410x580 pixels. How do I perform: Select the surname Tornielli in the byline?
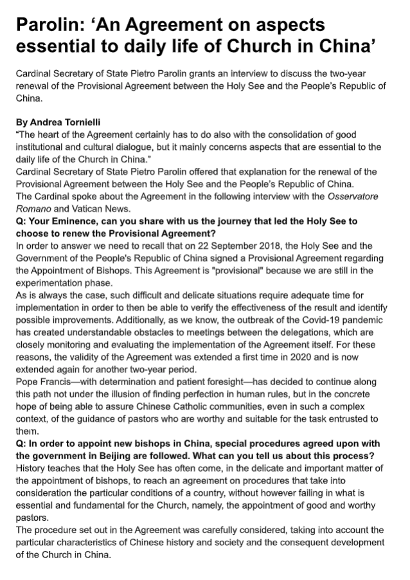[84, 122]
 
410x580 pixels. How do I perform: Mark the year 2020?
[275, 337]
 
